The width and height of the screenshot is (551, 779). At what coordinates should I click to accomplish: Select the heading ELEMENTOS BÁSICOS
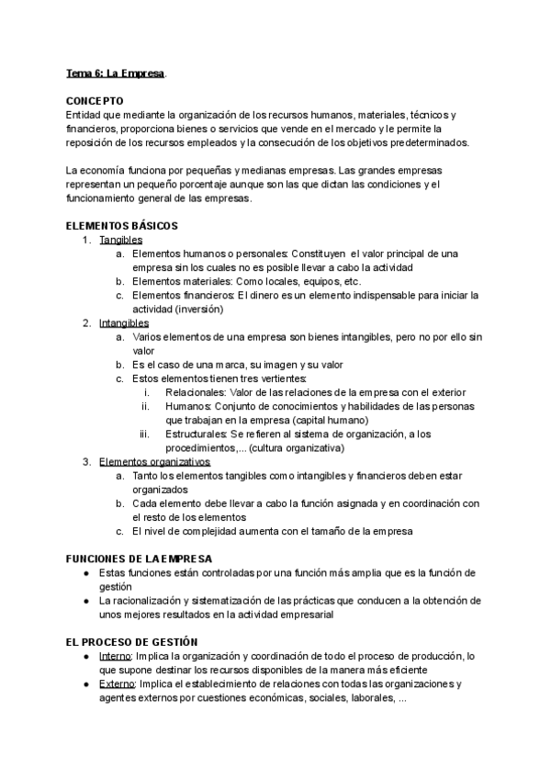click(123, 226)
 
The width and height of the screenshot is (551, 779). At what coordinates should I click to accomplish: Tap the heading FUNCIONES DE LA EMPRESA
click(139, 559)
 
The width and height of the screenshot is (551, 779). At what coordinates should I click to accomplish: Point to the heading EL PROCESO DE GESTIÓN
click(132, 641)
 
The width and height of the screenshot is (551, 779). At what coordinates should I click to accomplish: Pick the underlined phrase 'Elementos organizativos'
click(155, 461)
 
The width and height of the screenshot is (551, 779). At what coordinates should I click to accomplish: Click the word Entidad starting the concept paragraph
click(83, 114)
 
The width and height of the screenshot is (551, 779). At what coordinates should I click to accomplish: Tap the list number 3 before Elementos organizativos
click(86, 461)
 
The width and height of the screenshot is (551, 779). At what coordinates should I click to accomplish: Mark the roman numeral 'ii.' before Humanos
click(145, 406)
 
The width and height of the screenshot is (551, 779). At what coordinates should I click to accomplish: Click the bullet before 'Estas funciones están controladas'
click(85, 573)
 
